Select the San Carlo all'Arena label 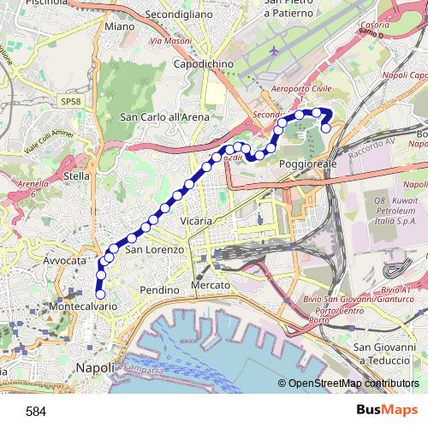point(164,117)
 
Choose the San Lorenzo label point(155,250)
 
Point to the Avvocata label point(66,259)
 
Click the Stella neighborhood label point(78,177)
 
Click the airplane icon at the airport point(274,51)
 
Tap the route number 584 point(36,412)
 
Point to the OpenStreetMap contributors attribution point(353,383)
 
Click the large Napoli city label point(95,367)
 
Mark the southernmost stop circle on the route point(101,295)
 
